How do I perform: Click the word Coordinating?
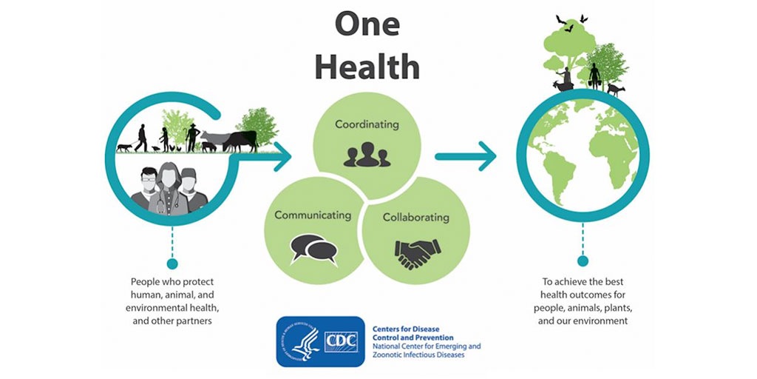(x=367, y=124)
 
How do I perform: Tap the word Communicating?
(x=313, y=215)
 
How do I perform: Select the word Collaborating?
(x=415, y=218)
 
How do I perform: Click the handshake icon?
(x=418, y=253)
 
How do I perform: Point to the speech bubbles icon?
(x=313, y=249)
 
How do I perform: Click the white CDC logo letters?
(x=341, y=342)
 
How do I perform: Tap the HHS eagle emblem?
(x=301, y=341)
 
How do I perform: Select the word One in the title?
(x=367, y=24)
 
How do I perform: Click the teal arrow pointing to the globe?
(x=466, y=156)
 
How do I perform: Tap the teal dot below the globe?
(x=583, y=261)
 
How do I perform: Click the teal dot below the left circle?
(x=172, y=264)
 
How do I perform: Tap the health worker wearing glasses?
(x=146, y=189)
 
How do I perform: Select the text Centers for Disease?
(x=406, y=329)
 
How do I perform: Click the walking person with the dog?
(x=141, y=138)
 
